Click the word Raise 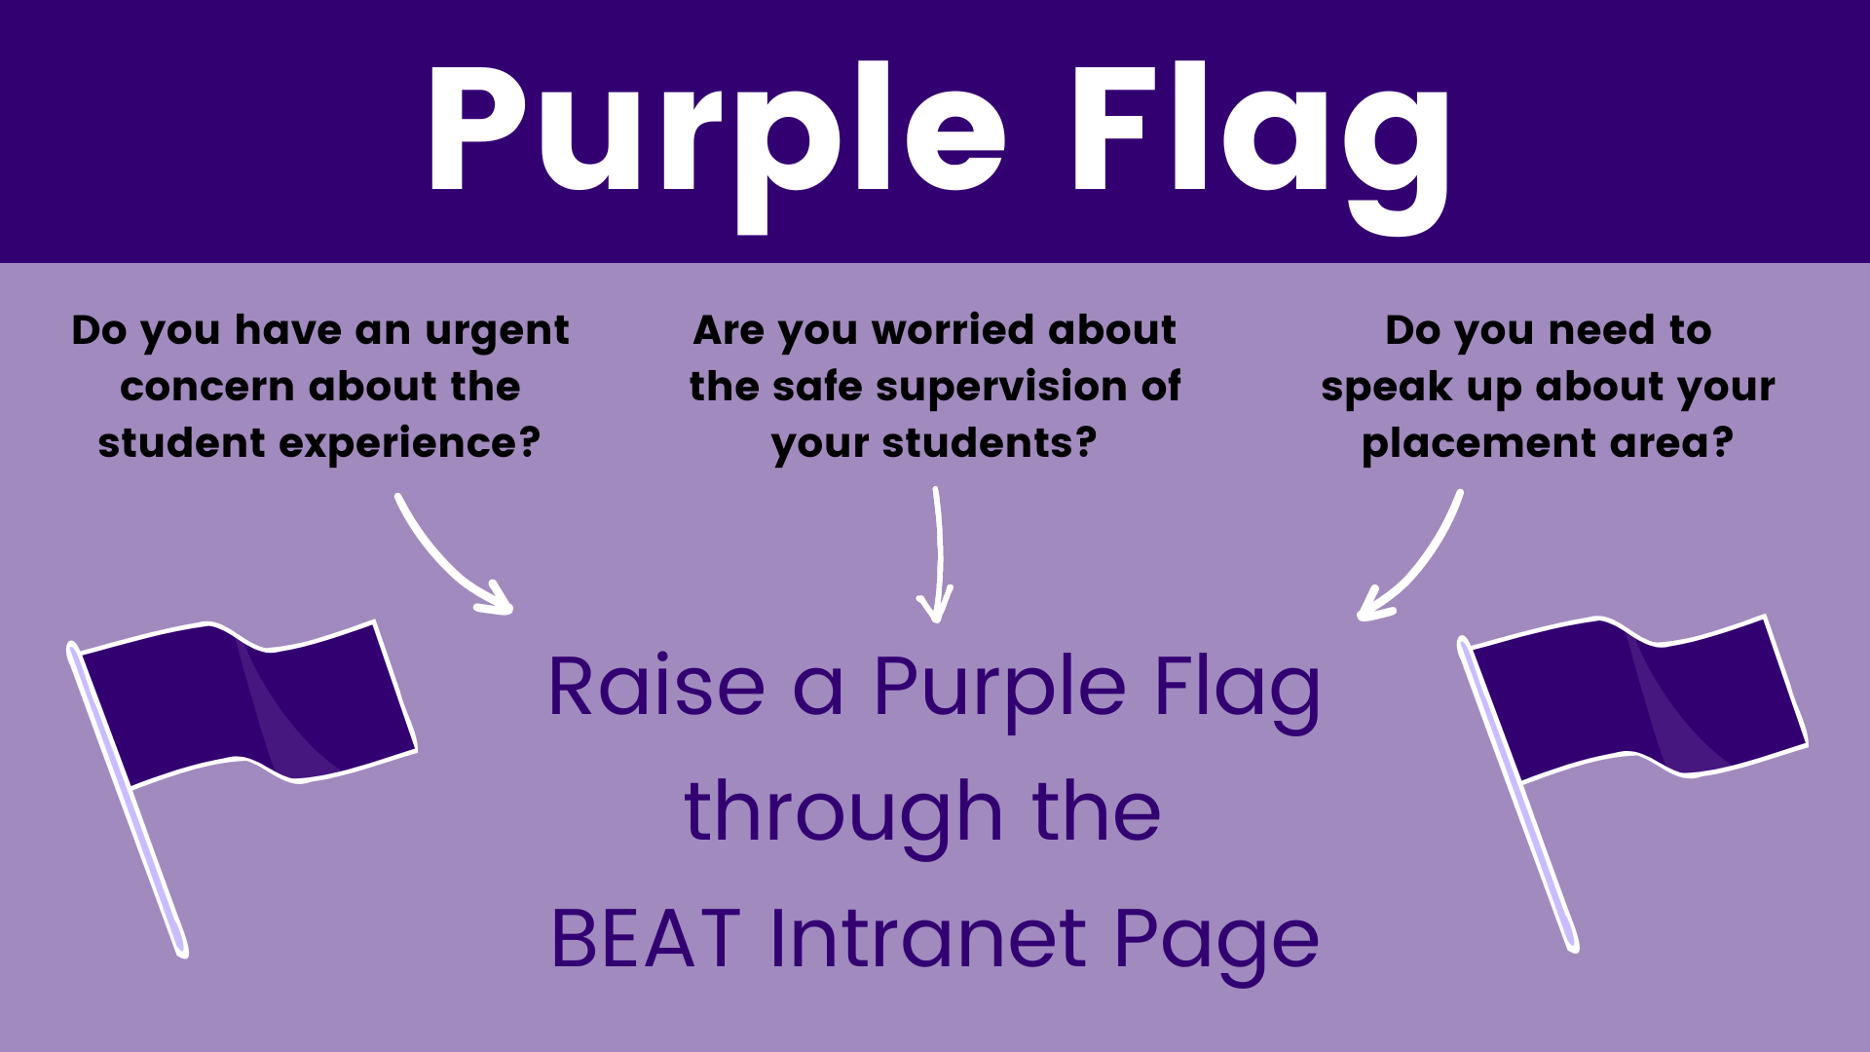point(656,686)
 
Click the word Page point(1216,943)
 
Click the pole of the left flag point(127,799)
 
